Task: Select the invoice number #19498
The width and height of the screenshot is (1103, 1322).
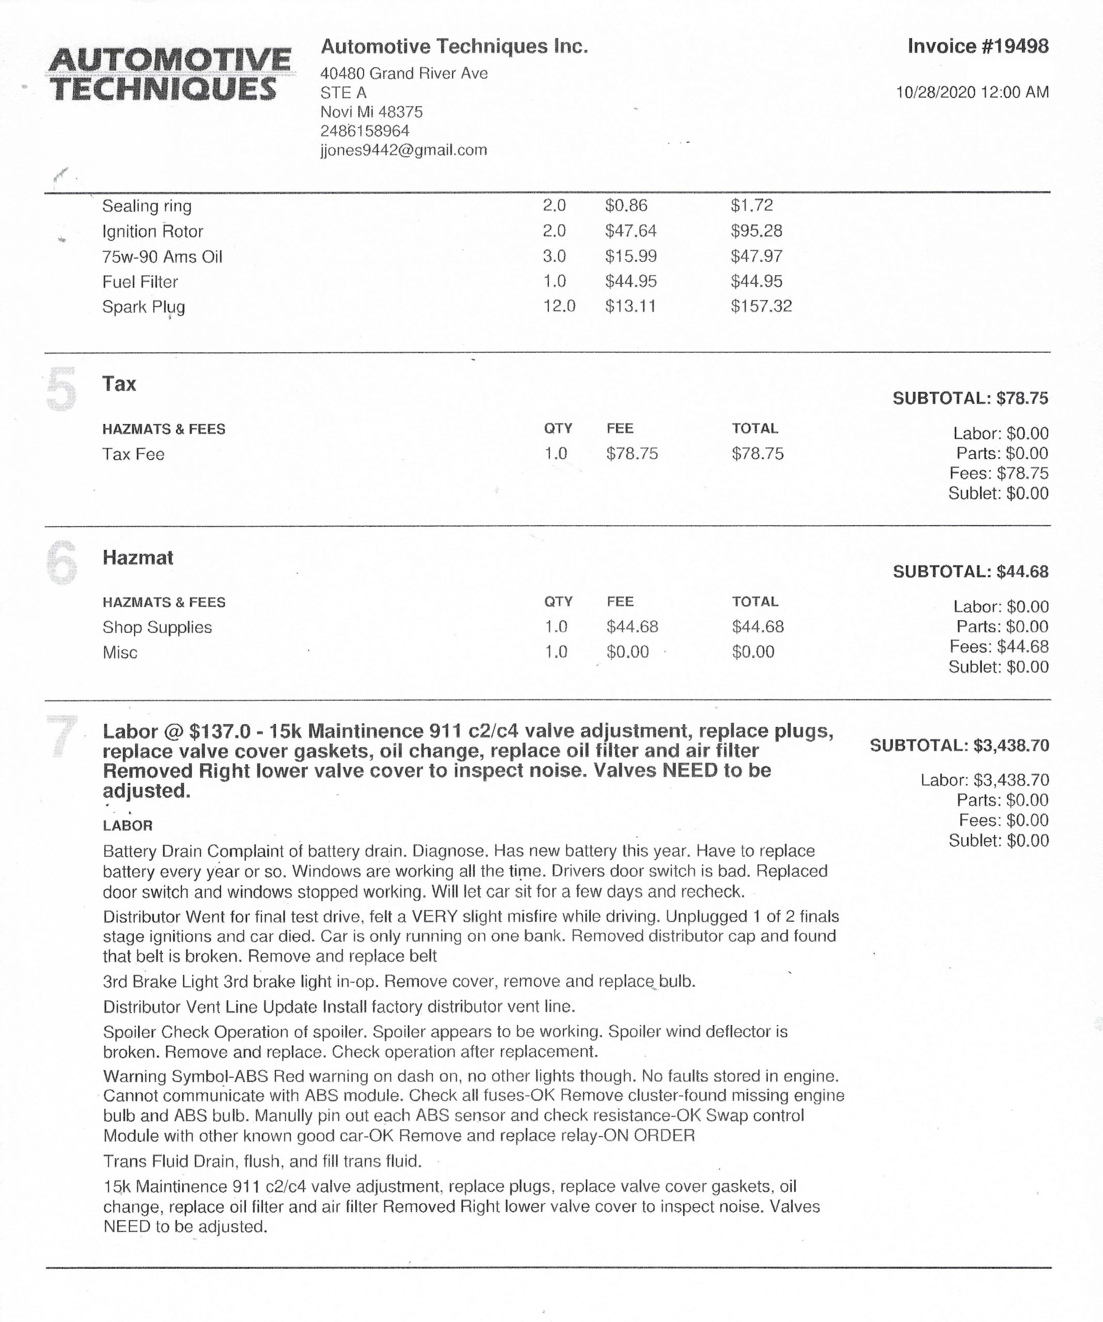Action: [x=978, y=46]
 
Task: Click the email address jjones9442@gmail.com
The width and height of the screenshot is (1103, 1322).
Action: [x=403, y=150]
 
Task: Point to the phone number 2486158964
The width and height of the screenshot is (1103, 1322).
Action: [x=365, y=131]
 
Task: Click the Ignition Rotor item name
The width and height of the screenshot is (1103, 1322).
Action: [x=152, y=232]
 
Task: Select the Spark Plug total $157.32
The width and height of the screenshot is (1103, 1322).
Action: [x=761, y=307]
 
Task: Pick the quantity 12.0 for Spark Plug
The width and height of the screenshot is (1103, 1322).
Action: [x=559, y=307]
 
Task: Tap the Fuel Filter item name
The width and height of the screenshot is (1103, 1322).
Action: [x=140, y=282]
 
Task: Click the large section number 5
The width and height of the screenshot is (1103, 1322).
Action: [x=61, y=390]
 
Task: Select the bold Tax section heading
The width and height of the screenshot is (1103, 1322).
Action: [x=119, y=384]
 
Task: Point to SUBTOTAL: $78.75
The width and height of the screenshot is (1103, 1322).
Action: [x=970, y=399]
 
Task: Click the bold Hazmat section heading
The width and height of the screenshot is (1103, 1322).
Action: [x=138, y=558]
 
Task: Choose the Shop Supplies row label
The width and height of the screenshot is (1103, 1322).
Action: [x=157, y=627]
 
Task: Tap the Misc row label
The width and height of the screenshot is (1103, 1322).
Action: [x=120, y=653]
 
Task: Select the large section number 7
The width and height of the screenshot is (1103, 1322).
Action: [x=61, y=736]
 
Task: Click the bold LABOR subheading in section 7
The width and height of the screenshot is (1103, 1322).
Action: [x=127, y=826]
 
